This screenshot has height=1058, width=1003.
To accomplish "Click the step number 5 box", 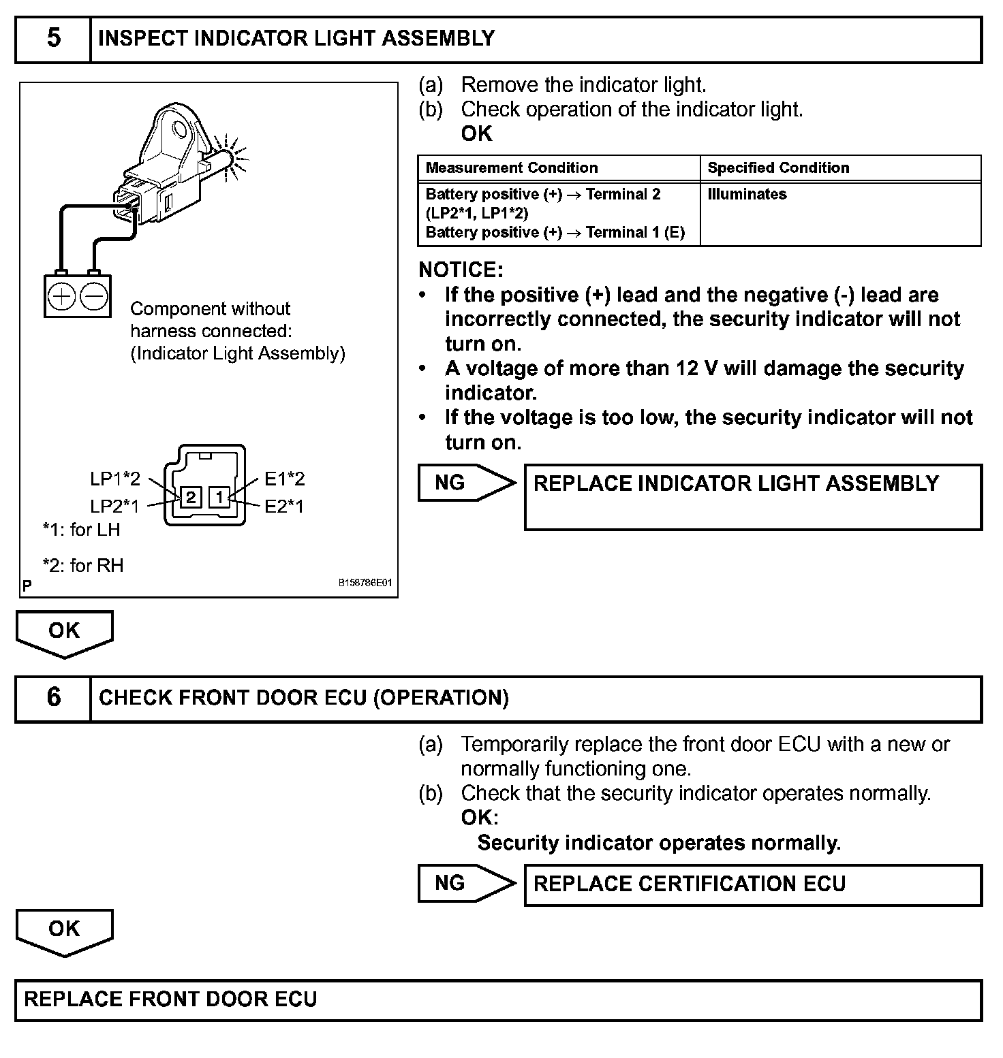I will [x=53, y=39].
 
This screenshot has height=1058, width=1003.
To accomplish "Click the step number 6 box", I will [x=53, y=698].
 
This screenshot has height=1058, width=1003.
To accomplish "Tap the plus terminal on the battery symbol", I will [x=62, y=296].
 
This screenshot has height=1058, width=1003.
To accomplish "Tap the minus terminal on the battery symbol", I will [x=94, y=296].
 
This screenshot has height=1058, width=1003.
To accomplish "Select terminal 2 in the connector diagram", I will [x=191, y=497].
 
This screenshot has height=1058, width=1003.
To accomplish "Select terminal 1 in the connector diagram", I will [x=219, y=497].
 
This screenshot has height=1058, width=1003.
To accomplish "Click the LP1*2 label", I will [x=115, y=479].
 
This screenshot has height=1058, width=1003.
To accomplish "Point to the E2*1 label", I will [x=284, y=507].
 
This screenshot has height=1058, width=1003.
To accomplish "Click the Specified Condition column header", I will [x=778, y=168].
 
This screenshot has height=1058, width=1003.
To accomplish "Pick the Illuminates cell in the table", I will [x=747, y=195].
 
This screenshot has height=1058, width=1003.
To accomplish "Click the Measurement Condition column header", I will [x=512, y=168].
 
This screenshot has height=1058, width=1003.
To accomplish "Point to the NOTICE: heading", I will [x=461, y=270].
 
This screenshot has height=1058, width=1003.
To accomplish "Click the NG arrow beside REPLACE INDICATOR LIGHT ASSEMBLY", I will [x=466, y=483].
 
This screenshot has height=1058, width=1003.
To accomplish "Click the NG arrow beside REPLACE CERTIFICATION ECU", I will [x=466, y=884].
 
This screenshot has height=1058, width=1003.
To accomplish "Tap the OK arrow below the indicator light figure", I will [x=64, y=632].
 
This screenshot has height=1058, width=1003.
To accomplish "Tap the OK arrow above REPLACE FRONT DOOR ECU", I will [x=64, y=931].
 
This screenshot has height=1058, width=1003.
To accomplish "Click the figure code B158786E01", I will [x=365, y=583].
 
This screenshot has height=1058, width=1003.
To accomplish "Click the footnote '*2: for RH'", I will [x=83, y=566].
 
